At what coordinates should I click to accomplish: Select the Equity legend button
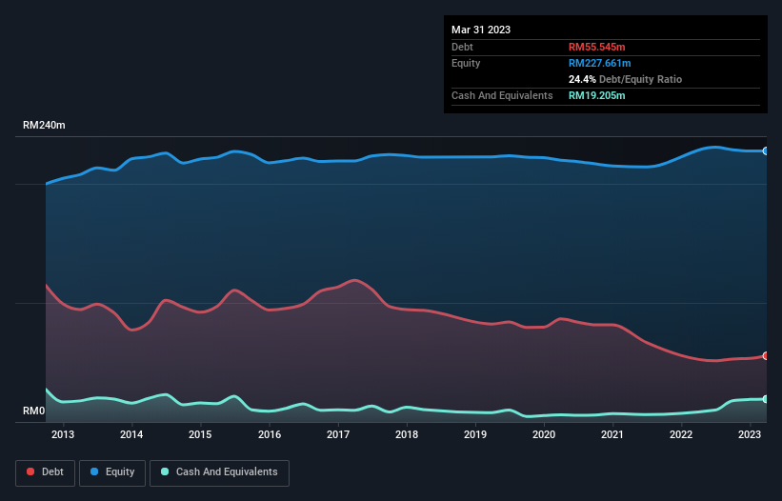(x=112, y=471)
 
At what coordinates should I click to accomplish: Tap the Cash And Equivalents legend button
(x=219, y=471)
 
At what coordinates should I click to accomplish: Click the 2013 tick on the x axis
(x=63, y=435)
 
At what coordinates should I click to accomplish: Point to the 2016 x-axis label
(x=270, y=435)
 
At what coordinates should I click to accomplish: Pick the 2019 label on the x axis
(x=475, y=435)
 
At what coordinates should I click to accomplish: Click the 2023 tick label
(x=750, y=435)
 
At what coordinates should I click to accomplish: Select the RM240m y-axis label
(x=45, y=126)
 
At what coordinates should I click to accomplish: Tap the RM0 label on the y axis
(x=34, y=411)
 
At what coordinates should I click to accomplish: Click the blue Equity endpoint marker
(x=765, y=150)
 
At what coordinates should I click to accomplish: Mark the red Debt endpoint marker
(x=765, y=355)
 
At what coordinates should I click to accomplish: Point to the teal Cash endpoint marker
(x=765, y=399)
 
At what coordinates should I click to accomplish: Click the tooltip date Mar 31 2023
(x=481, y=30)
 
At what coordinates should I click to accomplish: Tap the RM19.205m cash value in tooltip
(x=596, y=95)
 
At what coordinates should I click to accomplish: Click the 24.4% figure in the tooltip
(x=583, y=79)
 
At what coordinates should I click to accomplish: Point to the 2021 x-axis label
(x=612, y=435)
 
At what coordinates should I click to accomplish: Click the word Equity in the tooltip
(x=466, y=63)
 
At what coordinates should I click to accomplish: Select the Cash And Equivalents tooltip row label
(x=502, y=95)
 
